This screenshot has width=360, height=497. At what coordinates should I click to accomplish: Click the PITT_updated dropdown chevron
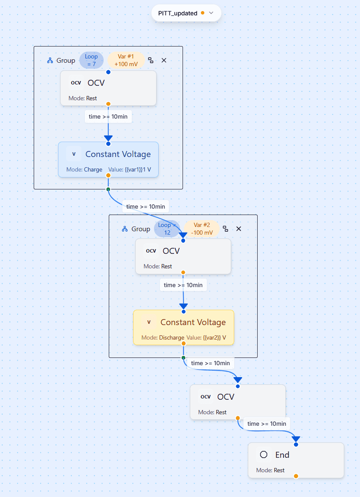[x=211, y=13]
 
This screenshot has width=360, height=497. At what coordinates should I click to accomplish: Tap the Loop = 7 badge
[x=91, y=60]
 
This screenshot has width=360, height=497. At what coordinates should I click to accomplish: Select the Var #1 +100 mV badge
[x=126, y=60]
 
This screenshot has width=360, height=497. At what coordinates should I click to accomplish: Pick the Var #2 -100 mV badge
[x=202, y=229]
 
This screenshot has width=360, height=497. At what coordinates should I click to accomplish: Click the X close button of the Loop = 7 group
[x=164, y=60]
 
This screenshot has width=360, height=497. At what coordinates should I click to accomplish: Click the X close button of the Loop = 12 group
[x=239, y=229]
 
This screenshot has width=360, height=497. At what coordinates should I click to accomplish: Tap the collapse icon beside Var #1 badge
[x=151, y=60]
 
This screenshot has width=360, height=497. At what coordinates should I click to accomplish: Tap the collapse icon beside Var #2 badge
[x=226, y=229]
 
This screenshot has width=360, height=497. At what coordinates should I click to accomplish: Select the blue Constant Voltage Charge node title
[x=118, y=154]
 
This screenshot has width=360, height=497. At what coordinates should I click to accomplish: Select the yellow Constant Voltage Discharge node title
[x=193, y=322]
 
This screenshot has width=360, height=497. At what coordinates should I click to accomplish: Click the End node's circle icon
[x=264, y=455]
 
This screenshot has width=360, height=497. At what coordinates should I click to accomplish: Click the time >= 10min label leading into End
[x=267, y=424]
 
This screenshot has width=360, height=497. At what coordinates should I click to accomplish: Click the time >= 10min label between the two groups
[x=145, y=206]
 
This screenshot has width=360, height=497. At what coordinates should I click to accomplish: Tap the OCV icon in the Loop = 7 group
[x=76, y=83]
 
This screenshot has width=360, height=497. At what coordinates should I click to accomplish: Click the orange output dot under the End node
[x=296, y=476]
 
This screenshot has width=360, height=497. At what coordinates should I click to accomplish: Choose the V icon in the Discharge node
[x=149, y=322]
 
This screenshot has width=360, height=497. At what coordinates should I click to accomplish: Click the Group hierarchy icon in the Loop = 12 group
[x=125, y=229]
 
